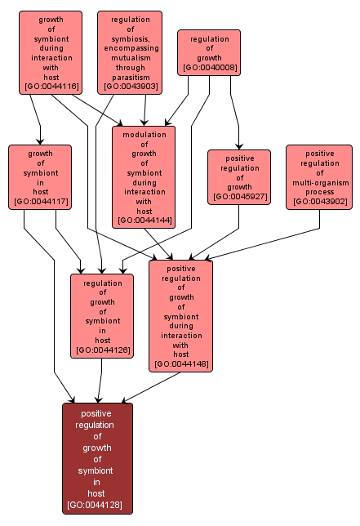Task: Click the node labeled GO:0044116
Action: click(x=51, y=51)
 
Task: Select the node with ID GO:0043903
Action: click(x=129, y=51)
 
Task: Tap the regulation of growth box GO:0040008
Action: click(x=209, y=52)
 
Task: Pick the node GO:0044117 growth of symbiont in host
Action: click(x=40, y=176)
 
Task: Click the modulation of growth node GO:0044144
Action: click(x=144, y=176)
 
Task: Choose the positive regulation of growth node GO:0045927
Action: click(x=238, y=176)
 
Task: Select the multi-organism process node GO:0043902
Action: click(x=318, y=176)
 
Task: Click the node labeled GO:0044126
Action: click(x=102, y=316)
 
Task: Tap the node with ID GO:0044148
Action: click(x=180, y=315)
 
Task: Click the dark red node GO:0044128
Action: click(x=97, y=458)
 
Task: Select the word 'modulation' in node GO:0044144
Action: click(x=144, y=134)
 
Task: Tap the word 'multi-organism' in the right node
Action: click(x=318, y=182)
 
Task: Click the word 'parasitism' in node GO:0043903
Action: click(x=129, y=75)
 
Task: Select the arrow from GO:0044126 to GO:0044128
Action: click(x=100, y=380)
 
